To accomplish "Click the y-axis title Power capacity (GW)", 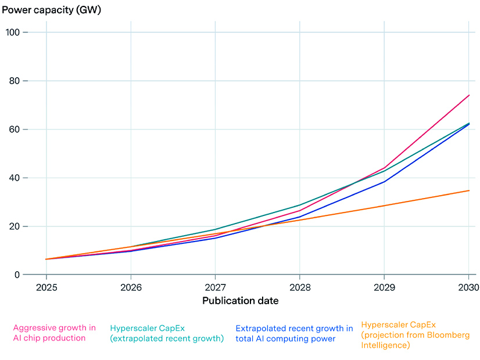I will pyautogui.click(x=52, y=10).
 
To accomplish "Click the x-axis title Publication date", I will pyautogui.click(x=240, y=301).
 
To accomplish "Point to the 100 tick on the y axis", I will pyautogui.click(x=14, y=33).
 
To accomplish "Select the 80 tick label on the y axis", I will pyautogui.click(x=16, y=81).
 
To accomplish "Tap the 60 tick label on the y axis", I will pyautogui.click(x=16, y=129).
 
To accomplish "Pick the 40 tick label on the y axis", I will pyautogui.click(x=16, y=178).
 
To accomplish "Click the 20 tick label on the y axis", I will pyautogui.click(x=16, y=226).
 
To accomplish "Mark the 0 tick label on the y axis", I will pyautogui.click(x=18, y=275).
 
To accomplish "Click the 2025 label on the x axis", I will pyautogui.click(x=46, y=286).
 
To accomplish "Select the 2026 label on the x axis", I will pyautogui.click(x=131, y=286).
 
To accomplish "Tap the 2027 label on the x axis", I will pyautogui.click(x=216, y=286).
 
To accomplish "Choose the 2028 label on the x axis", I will pyautogui.click(x=300, y=286).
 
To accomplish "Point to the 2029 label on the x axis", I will pyautogui.click(x=384, y=286).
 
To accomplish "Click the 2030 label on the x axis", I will pyautogui.click(x=468, y=286).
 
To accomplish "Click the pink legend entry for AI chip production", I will pyautogui.click(x=54, y=333).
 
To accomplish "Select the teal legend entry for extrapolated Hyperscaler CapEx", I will pyautogui.click(x=167, y=333).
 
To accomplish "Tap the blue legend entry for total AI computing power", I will pyautogui.click(x=294, y=333).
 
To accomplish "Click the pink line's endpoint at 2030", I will pyautogui.click(x=469, y=95).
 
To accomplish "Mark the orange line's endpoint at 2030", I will pyautogui.click(x=469, y=190).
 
